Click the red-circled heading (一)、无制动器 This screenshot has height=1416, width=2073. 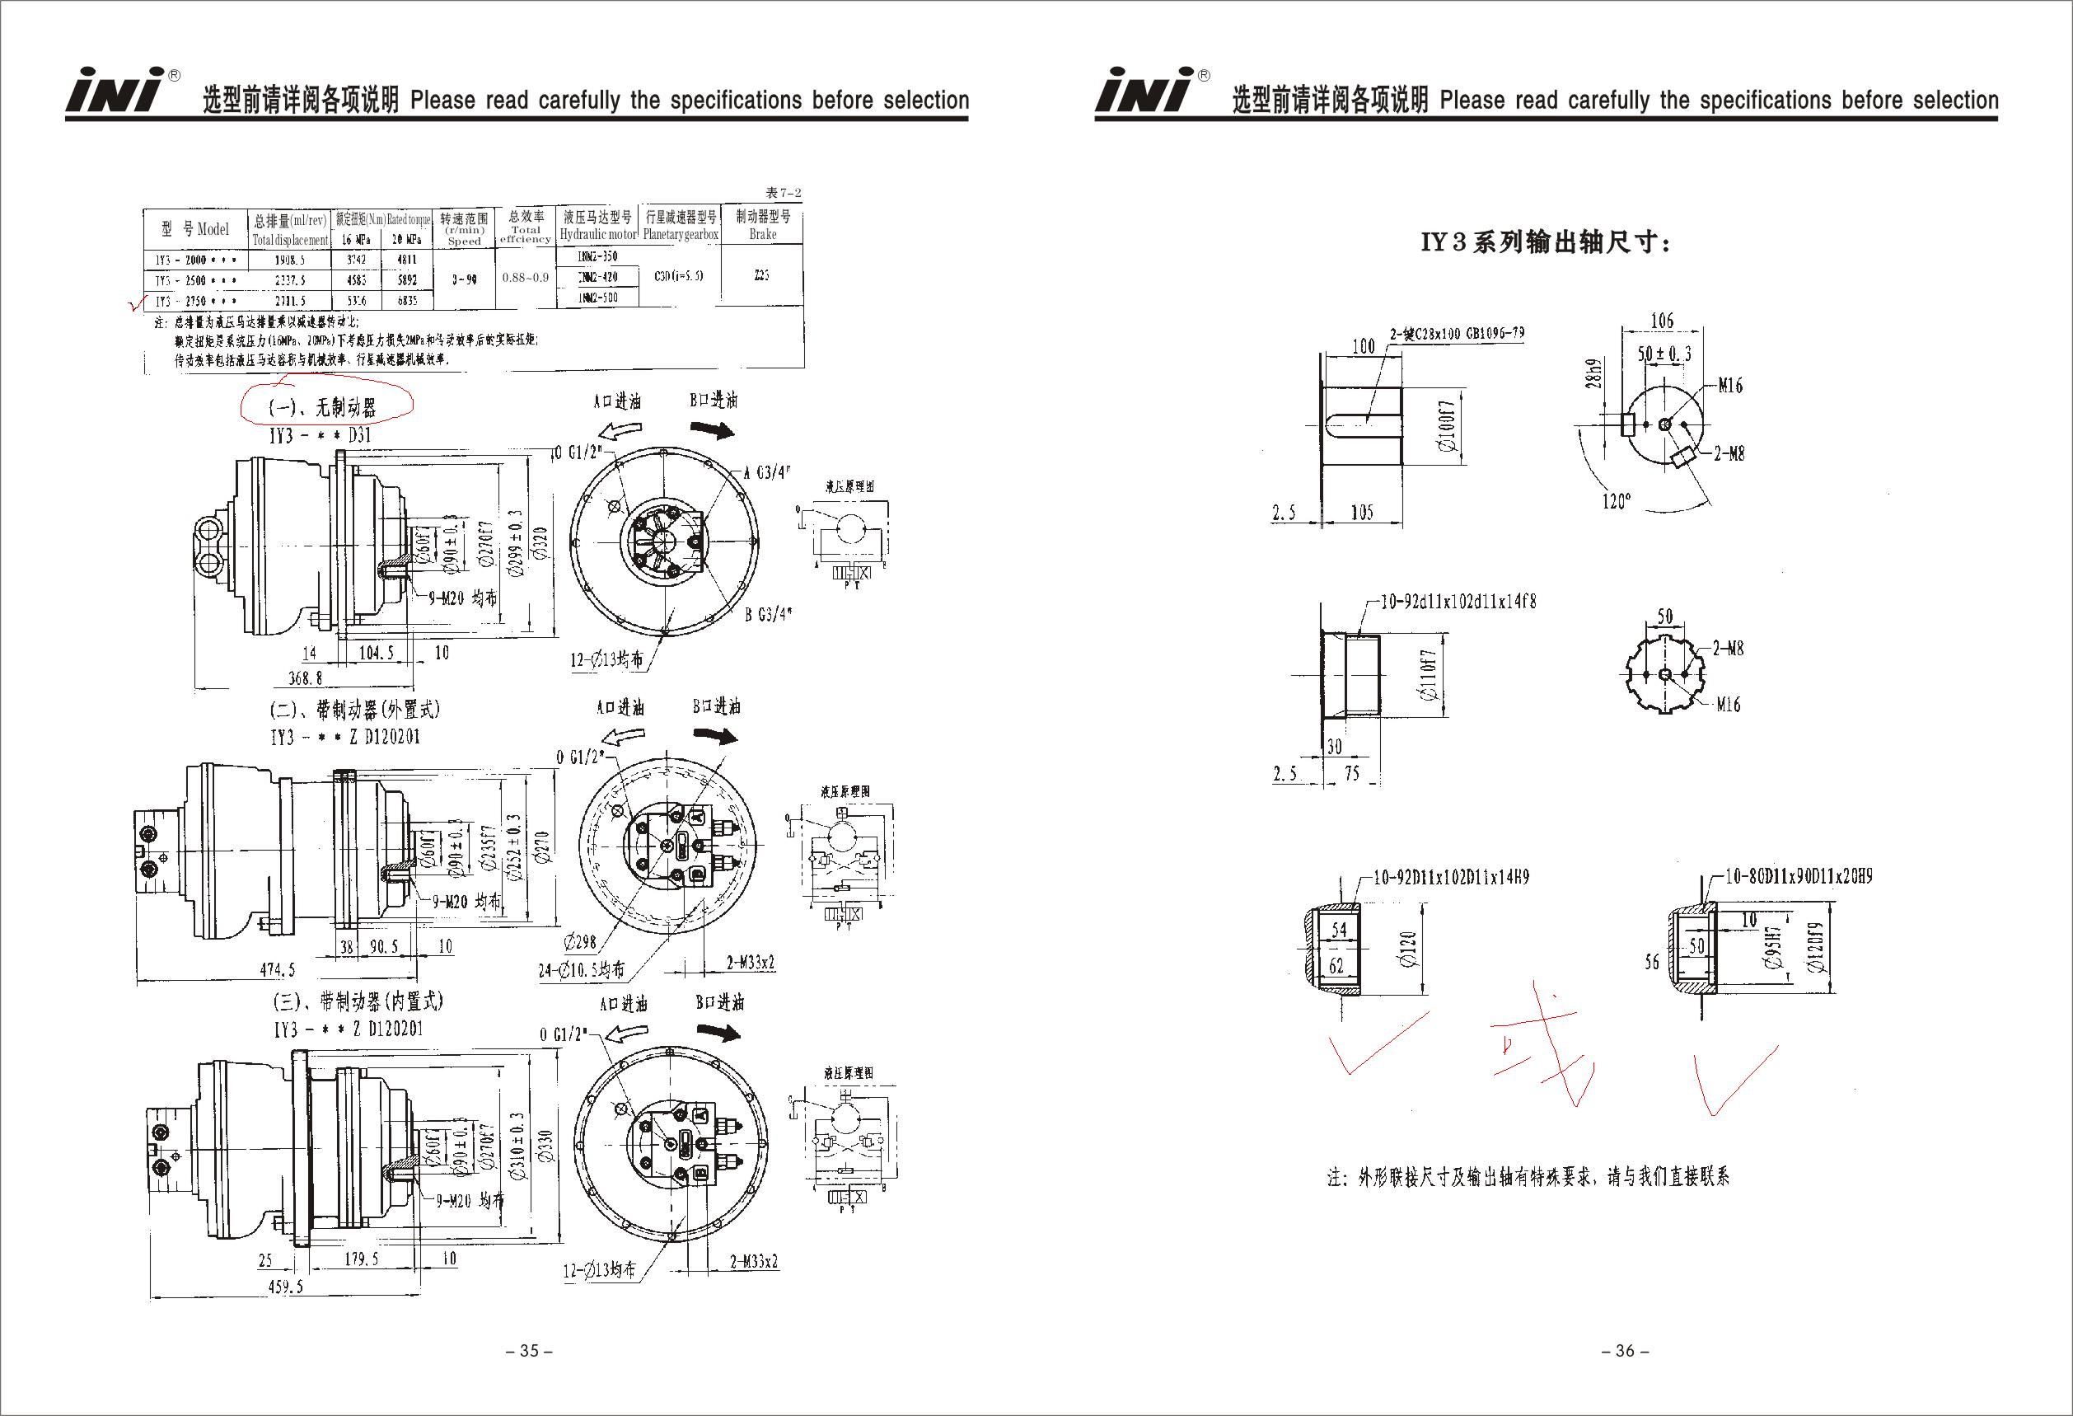(x=323, y=408)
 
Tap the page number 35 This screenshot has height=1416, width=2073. (x=530, y=1351)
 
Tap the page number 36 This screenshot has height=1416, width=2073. (x=1626, y=1351)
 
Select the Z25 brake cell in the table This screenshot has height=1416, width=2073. (x=760, y=276)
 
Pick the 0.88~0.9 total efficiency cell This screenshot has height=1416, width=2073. (x=526, y=278)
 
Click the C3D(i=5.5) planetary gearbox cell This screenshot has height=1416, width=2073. (x=679, y=276)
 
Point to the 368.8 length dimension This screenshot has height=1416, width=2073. (x=305, y=678)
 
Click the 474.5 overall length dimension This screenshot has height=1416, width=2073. (x=278, y=970)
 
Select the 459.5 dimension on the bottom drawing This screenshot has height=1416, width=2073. (x=285, y=1287)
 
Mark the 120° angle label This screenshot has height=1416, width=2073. (x=1616, y=501)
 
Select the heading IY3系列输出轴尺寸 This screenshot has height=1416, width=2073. (x=1546, y=242)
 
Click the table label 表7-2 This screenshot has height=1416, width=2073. (x=784, y=193)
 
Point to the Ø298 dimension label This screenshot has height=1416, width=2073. (x=581, y=940)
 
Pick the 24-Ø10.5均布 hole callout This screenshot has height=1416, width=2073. (x=582, y=970)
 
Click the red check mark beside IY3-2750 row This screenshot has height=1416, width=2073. (x=137, y=304)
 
